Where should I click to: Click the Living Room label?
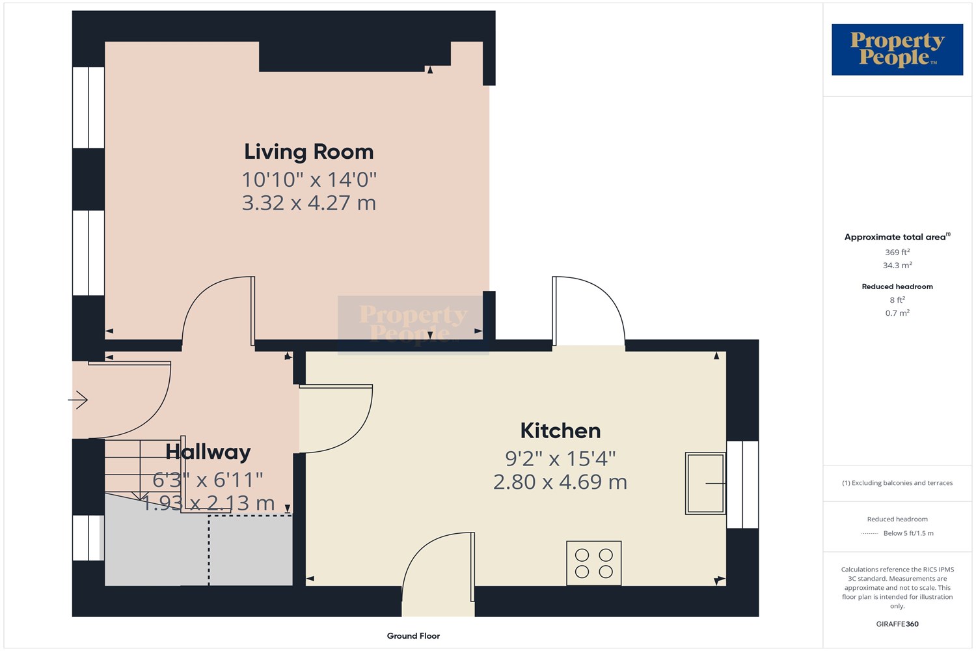pos(308,152)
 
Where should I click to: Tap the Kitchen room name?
pos(560,431)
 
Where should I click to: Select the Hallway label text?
pos(208,452)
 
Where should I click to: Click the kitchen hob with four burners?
pos(594,563)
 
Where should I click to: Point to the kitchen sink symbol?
pos(705,483)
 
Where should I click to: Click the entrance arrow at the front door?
pos(78,400)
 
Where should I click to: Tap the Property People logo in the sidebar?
pos(897,49)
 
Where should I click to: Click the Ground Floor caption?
pos(413,636)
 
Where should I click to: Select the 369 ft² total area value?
pos(897,252)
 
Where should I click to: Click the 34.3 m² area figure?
pos(897,265)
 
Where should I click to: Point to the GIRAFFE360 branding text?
pos(897,624)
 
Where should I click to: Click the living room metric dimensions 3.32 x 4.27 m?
pos(309,202)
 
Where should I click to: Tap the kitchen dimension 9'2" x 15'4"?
pos(560,458)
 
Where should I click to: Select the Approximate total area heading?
pos(897,237)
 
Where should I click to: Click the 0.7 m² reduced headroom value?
pos(897,313)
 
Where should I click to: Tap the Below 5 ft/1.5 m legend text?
pos(908,533)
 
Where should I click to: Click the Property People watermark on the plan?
pos(413,325)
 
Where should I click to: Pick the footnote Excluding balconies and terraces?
pos(897,482)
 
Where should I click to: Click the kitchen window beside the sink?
pos(742,484)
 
